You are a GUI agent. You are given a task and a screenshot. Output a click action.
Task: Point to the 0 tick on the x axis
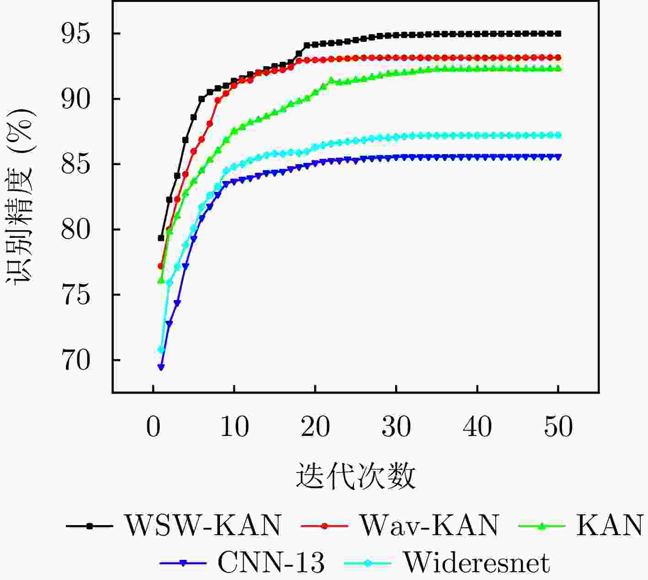pos(153,427)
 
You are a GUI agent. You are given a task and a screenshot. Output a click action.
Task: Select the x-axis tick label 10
pos(234,427)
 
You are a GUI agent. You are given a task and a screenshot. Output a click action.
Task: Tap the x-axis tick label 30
pos(396,427)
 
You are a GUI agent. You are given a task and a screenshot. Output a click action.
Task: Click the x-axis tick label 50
pos(558,427)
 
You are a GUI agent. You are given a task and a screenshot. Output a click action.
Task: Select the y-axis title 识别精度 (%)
pos(20,197)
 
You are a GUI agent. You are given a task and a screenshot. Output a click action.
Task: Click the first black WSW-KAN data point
pos(161,238)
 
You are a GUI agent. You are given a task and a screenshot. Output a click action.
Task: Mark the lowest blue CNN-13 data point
pos(161,367)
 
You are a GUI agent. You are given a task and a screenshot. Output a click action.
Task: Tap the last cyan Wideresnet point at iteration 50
pos(558,135)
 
